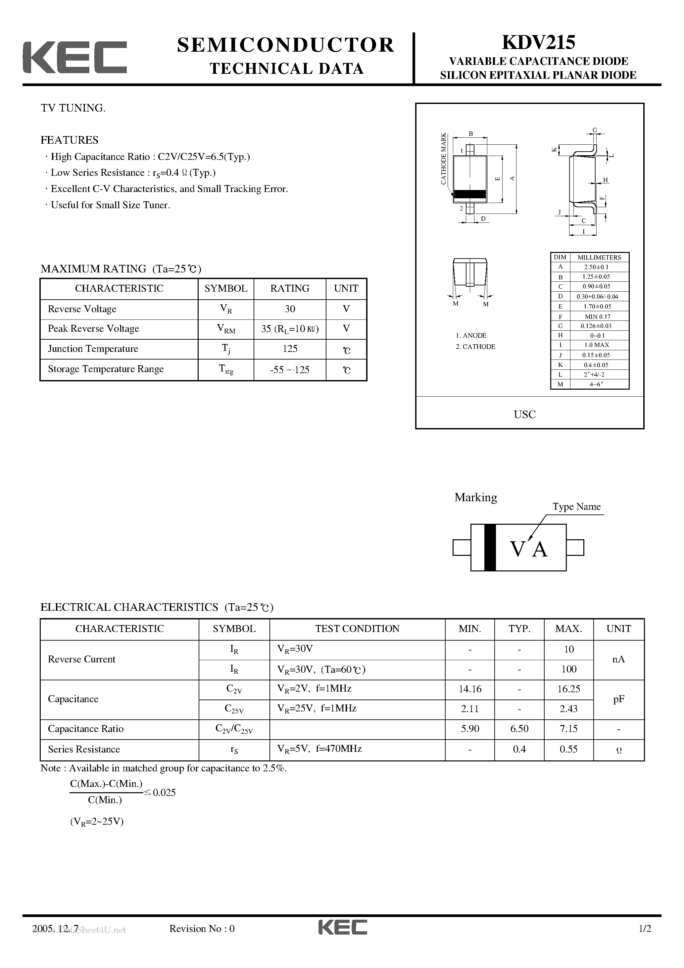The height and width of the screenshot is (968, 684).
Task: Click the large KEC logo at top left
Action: [74, 57]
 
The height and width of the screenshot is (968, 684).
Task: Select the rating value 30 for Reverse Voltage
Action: [290, 309]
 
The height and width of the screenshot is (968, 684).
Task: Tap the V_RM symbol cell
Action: [226, 329]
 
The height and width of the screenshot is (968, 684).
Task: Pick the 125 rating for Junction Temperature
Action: [290, 349]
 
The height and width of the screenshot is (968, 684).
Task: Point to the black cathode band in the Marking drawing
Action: [490, 547]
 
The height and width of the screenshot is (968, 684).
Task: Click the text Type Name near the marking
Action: [576, 507]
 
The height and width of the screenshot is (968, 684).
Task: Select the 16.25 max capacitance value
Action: [568, 689]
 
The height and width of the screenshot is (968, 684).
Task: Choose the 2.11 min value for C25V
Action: [470, 709]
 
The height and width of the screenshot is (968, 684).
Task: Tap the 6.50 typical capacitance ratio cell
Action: [519, 729]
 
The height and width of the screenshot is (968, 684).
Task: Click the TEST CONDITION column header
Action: [357, 629]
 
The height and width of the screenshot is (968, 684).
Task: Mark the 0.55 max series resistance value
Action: [568, 749]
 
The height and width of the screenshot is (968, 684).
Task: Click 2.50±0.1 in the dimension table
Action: [596, 267]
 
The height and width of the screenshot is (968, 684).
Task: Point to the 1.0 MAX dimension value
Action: [596, 345]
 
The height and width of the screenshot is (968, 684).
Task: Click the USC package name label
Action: [525, 414]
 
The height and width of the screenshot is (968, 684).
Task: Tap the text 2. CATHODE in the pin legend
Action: [475, 347]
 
